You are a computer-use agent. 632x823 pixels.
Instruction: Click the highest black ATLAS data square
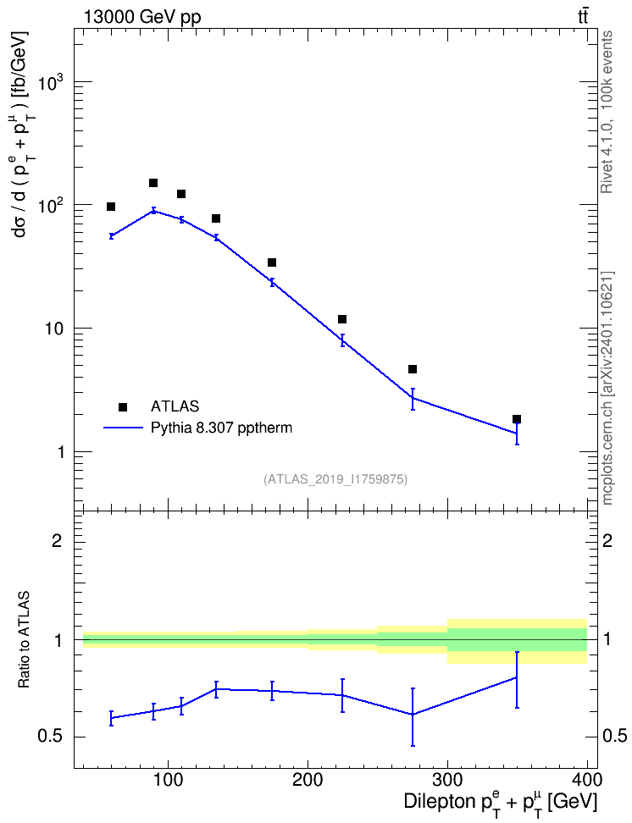click(x=153, y=183)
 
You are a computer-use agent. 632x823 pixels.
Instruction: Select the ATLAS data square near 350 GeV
click(x=517, y=419)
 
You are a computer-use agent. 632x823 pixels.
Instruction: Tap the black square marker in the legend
click(x=123, y=406)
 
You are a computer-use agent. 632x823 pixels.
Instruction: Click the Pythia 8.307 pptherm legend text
click(x=221, y=428)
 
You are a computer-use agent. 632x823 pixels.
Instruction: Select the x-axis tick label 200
click(x=308, y=780)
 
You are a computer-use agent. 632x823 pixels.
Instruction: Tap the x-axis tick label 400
click(x=587, y=780)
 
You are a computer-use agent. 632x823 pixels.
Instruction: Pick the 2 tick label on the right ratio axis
click(x=607, y=540)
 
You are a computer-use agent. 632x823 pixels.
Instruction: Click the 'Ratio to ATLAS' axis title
click(x=24, y=640)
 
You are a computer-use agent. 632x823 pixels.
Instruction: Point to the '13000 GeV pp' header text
click(x=141, y=17)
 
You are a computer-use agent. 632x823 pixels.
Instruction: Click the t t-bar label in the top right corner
click(x=583, y=17)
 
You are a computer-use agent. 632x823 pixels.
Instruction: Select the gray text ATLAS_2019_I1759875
click(x=335, y=478)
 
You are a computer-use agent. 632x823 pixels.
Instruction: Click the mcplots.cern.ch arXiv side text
click(x=607, y=388)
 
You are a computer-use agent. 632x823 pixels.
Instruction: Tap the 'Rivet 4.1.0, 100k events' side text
click(x=607, y=112)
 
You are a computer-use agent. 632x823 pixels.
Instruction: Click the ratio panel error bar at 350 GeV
click(x=517, y=680)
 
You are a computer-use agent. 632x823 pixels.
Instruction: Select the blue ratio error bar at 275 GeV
click(x=413, y=716)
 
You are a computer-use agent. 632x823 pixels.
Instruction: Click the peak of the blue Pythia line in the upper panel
click(x=153, y=211)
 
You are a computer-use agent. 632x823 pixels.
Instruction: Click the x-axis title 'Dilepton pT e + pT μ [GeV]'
click(x=501, y=803)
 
